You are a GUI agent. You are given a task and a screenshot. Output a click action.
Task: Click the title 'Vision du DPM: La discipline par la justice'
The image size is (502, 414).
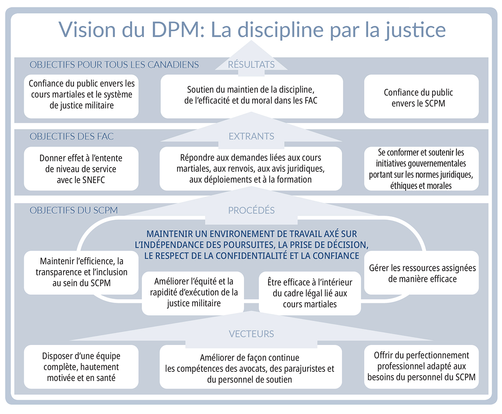coord(251,30)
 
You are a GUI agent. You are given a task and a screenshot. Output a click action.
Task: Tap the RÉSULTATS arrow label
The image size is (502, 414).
coord(251,64)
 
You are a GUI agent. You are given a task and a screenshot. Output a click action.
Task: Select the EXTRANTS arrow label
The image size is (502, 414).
coord(251,136)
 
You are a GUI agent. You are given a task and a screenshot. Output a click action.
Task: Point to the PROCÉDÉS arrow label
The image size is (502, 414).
coord(251,210)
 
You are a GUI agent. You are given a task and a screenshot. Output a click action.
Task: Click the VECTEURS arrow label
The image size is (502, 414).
coord(251,333)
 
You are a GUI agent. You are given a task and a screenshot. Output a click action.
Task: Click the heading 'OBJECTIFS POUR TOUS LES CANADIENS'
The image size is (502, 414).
coord(114,65)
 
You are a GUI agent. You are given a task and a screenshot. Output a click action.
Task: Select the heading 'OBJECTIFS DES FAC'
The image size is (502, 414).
coord(72,137)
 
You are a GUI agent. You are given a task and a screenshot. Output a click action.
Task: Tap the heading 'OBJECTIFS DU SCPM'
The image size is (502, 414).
coord(74,210)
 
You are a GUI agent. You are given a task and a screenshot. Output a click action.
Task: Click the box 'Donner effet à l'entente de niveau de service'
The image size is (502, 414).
coord(81,169)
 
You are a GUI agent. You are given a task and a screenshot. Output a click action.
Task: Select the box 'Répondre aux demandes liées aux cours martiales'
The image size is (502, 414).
coord(251,169)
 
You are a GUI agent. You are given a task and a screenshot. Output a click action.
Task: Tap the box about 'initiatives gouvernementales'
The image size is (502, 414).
coord(421,169)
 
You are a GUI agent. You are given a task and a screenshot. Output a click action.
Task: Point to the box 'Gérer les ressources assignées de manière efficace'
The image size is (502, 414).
coord(421,273)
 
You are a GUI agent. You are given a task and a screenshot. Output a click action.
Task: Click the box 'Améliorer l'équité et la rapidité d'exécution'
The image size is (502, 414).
coord(193,293)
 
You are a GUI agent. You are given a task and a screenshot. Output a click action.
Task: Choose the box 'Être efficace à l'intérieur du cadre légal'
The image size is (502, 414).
coord(310,293)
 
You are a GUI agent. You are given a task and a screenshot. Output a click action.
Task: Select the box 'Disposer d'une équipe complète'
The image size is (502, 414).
coord(81,367)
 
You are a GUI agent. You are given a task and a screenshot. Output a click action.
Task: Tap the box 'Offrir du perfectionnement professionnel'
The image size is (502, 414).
coord(421,366)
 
